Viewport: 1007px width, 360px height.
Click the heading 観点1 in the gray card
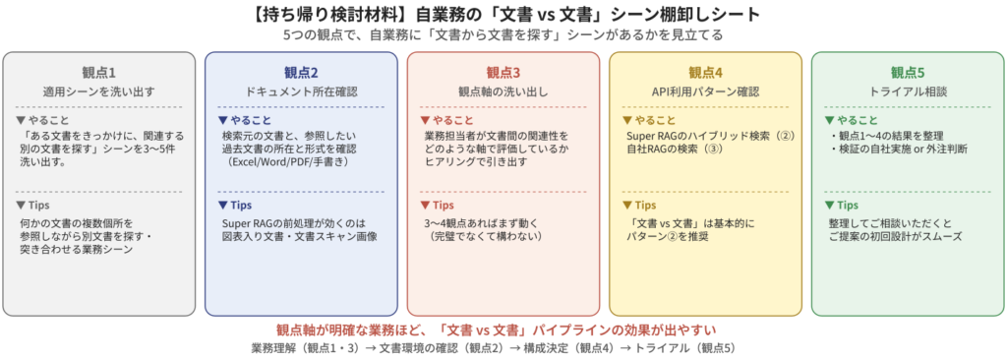[x=99, y=72]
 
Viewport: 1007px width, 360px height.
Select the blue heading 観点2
[x=301, y=72]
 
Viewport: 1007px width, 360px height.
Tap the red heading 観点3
[x=503, y=72]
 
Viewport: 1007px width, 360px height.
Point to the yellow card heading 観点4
[x=706, y=72]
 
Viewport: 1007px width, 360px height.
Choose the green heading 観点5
[x=908, y=72]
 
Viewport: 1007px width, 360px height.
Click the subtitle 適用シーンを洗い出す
[x=99, y=91]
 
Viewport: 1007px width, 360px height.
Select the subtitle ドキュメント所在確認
[x=301, y=91]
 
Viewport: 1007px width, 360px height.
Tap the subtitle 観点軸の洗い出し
[x=503, y=91]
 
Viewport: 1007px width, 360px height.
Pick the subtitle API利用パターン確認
[x=706, y=91]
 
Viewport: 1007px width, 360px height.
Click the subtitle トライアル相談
[x=908, y=91]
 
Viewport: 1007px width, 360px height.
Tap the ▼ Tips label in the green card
[x=842, y=205]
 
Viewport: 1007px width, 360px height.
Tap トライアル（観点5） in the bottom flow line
[x=684, y=348]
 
